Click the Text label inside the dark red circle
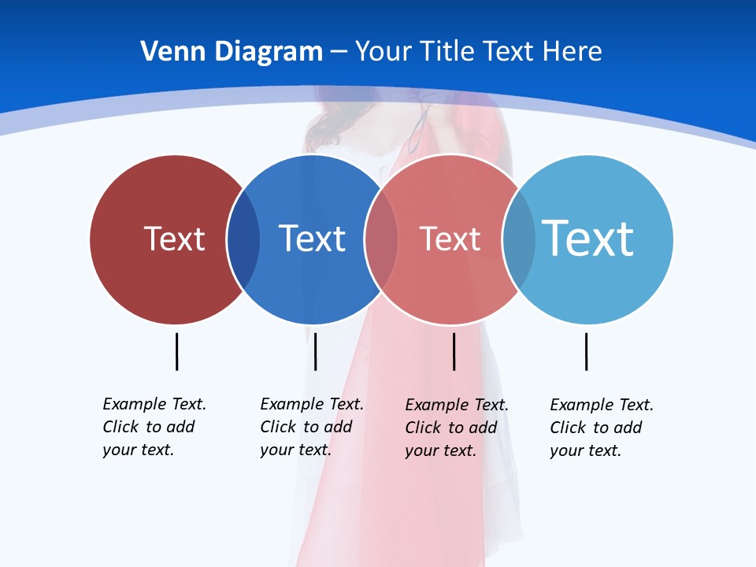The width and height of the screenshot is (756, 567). tap(174, 239)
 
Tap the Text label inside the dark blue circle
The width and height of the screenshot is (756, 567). tap(312, 239)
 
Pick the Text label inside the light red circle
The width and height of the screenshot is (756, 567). tap(450, 239)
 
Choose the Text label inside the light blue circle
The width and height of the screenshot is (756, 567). tap(587, 238)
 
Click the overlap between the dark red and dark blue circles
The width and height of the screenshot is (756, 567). tap(243, 239)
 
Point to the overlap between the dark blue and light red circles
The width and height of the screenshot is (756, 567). tap(381, 239)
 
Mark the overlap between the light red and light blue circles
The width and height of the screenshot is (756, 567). tap(519, 239)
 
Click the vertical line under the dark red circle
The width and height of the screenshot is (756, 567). tap(176, 351)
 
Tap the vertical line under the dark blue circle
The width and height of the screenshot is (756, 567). tap(315, 351)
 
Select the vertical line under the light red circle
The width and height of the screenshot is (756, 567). tap(454, 351)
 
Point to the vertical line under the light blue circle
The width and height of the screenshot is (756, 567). tap(586, 351)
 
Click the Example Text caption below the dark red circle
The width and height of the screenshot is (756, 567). tap(154, 427)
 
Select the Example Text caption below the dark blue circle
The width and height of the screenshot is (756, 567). tap(312, 427)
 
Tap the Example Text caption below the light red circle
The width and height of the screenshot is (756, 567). tap(457, 428)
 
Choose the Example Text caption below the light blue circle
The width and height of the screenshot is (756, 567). tap(602, 428)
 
